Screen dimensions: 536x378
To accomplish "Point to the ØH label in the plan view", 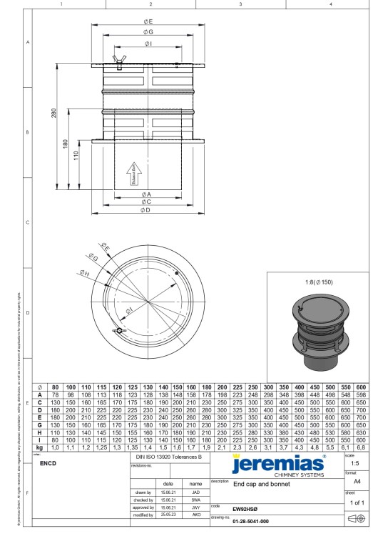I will tap(85, 272).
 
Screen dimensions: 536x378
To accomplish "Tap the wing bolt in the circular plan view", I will tap(118, 331).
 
